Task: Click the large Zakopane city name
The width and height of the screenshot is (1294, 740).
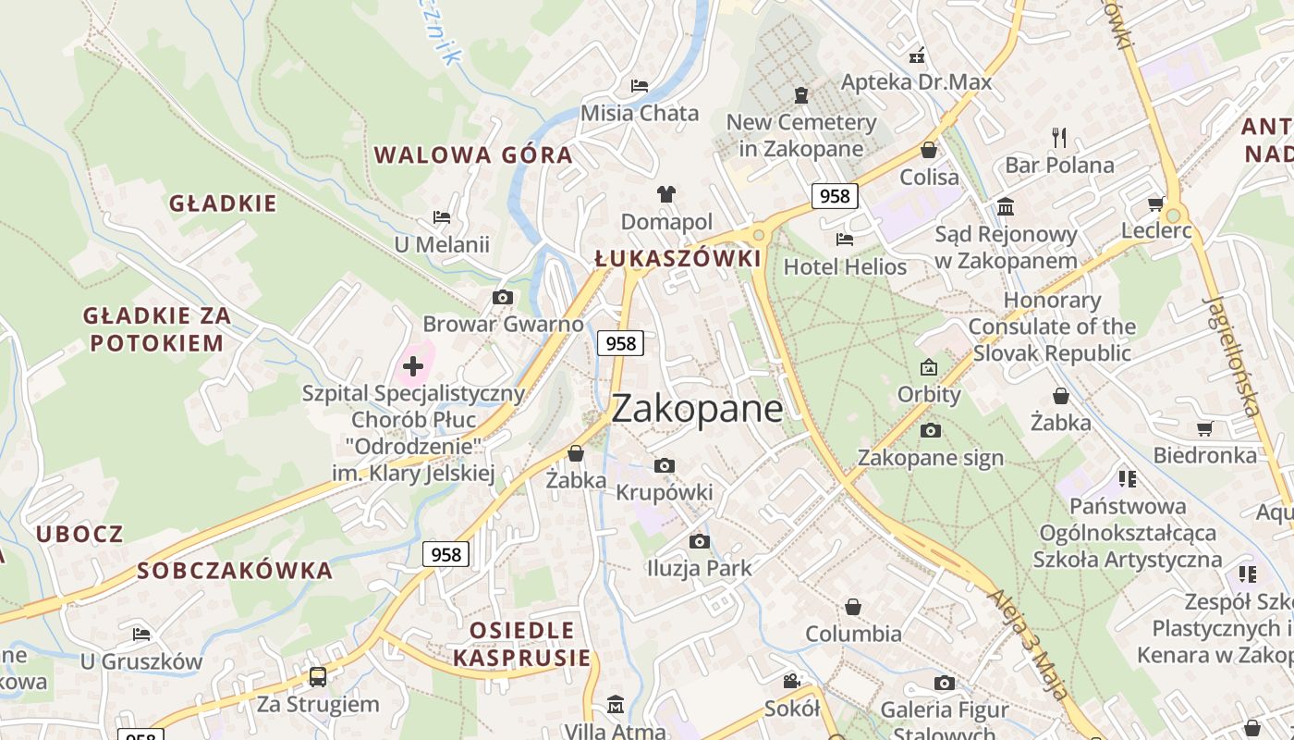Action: (x=697, y=409)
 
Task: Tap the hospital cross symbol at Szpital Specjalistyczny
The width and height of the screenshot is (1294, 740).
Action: (x=413, y=366)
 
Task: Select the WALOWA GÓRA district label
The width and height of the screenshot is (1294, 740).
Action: (x=473, y=154)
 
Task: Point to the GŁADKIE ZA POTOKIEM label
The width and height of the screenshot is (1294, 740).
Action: (x=157, y=329)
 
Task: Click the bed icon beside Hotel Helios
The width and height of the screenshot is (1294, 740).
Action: (x=844, y=240)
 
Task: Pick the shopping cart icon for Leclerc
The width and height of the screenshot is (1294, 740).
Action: (x=1155, y=203)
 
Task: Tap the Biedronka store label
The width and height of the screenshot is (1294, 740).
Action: (x=1204, y=455)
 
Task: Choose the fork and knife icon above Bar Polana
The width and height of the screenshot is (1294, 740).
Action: (x=1059, y=138)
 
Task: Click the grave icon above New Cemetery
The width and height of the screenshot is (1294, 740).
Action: (x=800, y=94)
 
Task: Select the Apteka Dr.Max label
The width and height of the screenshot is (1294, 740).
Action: (x=915, y=81)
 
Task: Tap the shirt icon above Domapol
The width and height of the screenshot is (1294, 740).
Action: (x=665, y=193)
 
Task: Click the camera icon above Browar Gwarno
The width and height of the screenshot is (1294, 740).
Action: (x=503, y=297)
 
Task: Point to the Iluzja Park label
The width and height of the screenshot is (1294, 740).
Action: (x=699, y=568)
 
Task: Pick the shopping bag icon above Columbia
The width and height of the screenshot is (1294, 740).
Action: (x=852, y=607)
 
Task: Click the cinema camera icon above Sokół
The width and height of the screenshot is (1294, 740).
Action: (x=791, y=682)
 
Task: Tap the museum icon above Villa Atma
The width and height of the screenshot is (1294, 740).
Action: (x=615, y=705)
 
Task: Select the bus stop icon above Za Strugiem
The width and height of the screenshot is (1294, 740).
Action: (x=317, y=676)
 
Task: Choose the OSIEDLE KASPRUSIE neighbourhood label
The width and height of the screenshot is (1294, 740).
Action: (x=521, y=644)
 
